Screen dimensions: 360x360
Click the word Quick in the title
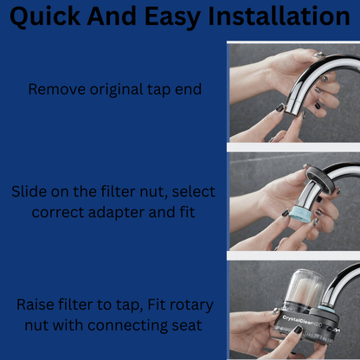click(x=45, y=16)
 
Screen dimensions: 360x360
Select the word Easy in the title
click(x=172, y=17)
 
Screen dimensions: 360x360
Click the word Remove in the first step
click(x=57, y=89)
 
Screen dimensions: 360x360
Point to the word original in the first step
click(x=117, y=90)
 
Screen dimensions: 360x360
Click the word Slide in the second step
click(x=29, y=191)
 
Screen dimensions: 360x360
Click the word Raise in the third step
click(x=35, y=305)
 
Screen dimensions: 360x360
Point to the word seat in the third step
click(x=187, y=326)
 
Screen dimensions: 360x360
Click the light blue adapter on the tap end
click(x=300, y=215)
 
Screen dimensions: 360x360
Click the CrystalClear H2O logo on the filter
click(x=302, y=322)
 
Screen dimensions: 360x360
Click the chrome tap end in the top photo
click(x=293, y=107)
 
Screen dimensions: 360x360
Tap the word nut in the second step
click(x=154, y=192)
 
